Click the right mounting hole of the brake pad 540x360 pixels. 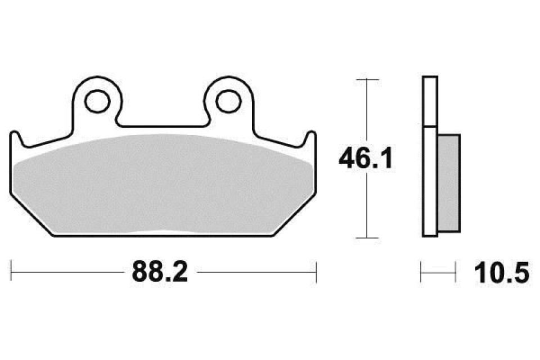click(228, 101)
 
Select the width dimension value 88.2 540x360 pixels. click(159, 273)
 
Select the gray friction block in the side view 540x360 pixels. click(448, 182)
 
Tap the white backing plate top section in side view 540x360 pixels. click(429, 101)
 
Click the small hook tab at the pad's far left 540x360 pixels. click(16, 138)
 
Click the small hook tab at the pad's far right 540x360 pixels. click(311, 138)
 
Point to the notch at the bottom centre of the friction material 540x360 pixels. click(163, 232)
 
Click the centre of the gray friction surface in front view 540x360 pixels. click(163, 186)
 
